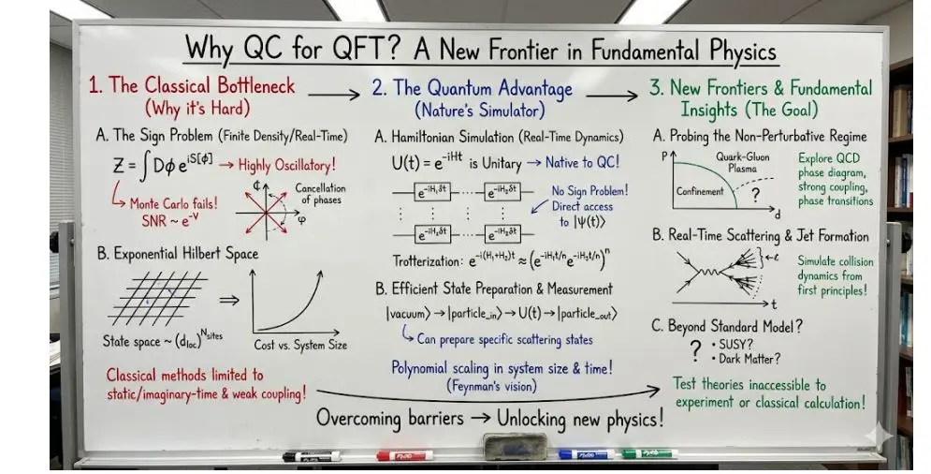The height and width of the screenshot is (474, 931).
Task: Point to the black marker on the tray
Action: coord(311,456)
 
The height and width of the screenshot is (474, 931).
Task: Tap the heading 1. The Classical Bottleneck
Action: coord(191,86)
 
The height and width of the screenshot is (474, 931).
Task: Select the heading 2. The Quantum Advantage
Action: coord(472,89)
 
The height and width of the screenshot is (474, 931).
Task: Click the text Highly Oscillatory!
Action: coord(286,166)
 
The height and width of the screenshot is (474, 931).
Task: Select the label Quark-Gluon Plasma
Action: coord(744,163)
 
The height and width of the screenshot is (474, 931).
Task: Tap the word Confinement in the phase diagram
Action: coord(700,191)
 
